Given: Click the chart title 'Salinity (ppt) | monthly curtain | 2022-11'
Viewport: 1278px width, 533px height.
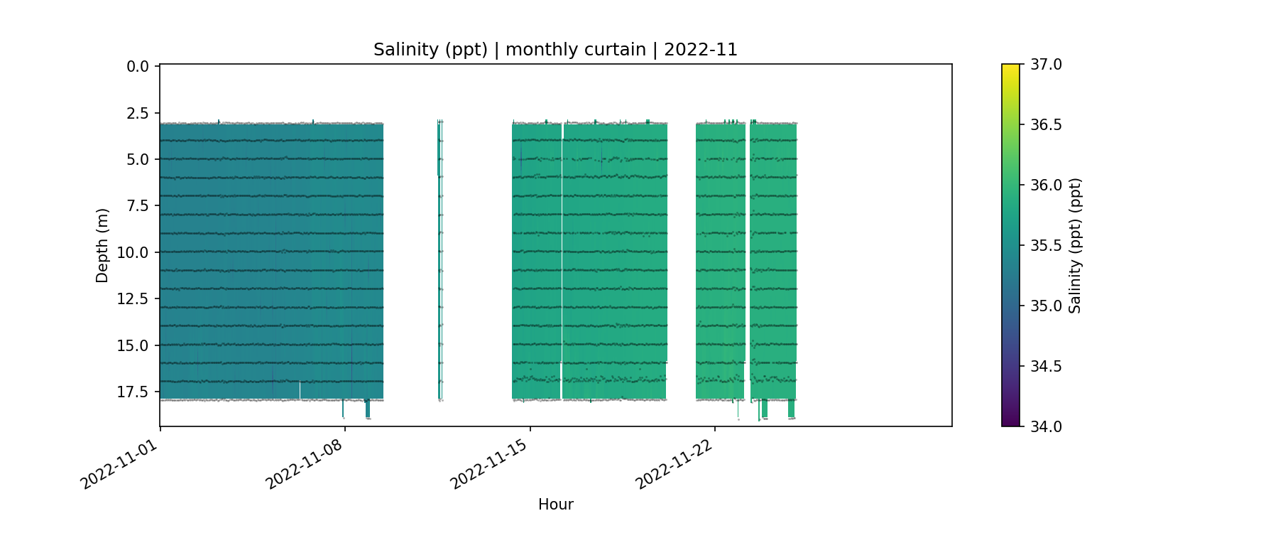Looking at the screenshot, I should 555,50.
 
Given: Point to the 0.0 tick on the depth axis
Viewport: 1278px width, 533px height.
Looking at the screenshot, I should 138,67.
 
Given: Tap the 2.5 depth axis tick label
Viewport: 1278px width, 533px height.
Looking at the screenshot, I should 138,113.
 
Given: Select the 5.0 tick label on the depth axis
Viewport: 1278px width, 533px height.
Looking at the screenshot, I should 138,160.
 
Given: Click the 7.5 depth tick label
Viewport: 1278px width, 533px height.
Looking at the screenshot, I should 138,206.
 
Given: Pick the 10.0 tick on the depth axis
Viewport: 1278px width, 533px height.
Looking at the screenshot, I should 133,253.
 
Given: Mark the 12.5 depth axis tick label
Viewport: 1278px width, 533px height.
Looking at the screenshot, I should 133,299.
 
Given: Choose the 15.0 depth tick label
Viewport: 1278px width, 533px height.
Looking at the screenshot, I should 133,346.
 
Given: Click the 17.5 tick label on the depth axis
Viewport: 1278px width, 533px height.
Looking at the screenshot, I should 133,392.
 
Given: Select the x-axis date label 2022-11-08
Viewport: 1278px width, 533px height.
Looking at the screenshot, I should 305,463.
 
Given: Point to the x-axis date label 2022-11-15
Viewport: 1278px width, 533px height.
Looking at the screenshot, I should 489,463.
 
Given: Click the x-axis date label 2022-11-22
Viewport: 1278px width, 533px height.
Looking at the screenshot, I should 674,463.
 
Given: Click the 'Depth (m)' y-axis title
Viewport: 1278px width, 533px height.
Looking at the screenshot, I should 102,245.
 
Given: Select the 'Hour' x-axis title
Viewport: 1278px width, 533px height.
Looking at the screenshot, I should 555,505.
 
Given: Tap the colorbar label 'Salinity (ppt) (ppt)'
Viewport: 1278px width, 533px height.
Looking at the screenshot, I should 1075,245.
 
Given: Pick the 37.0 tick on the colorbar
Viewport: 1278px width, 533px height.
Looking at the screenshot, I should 1046,65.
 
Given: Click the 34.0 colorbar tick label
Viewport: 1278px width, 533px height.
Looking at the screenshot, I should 1046,426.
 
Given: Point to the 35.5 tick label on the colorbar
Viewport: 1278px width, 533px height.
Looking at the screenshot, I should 1046,246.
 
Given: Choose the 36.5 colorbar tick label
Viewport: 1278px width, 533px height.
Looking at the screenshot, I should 1046,125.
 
